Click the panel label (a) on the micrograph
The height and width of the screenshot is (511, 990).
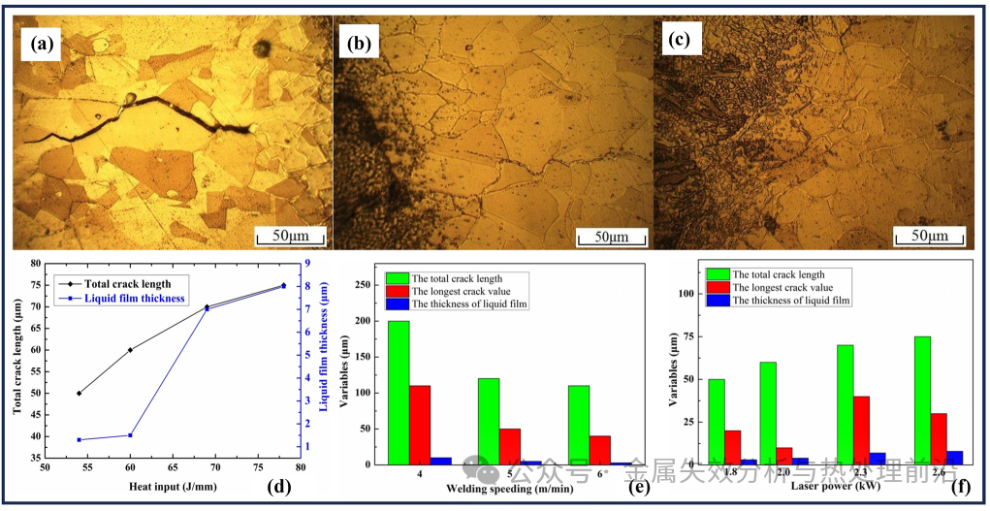[45, 44]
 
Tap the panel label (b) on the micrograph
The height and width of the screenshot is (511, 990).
[359, 44]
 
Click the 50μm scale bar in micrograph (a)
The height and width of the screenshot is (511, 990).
[289, 236]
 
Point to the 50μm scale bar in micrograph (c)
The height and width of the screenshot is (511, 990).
[929, 236]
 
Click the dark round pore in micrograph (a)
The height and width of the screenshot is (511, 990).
[262, 48]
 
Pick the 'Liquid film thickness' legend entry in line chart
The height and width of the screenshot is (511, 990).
[132, 299]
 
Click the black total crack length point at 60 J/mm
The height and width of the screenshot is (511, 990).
[130, 350]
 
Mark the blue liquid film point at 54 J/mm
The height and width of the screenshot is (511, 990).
[79, 439]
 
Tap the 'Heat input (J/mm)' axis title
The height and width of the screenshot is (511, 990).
[170, 485]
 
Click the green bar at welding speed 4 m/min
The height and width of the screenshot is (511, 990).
[399, 393]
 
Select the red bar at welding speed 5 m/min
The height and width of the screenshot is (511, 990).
[511, 446]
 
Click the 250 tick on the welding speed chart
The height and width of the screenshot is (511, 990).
[365, 284]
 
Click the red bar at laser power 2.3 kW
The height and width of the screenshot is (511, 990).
[861, 430]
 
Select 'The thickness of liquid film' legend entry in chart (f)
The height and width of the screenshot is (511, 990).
[790, 301]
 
